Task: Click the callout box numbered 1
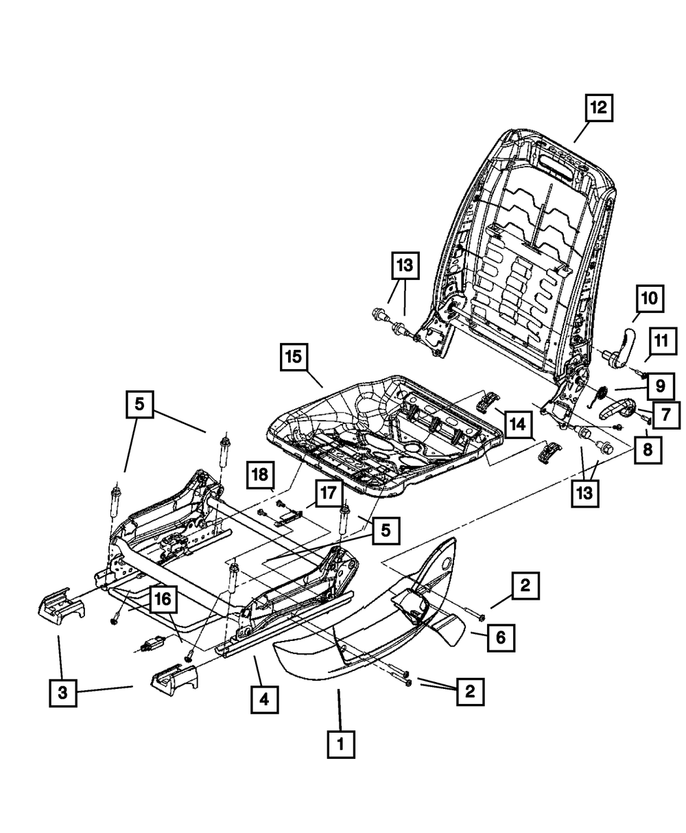(x=341, y=744)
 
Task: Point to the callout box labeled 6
(x=501, y=637)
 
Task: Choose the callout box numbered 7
(x=665, y=414)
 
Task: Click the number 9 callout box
(x=660, y=386)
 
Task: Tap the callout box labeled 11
(x=660, y=340)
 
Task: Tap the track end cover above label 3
(x=60, y=605)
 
